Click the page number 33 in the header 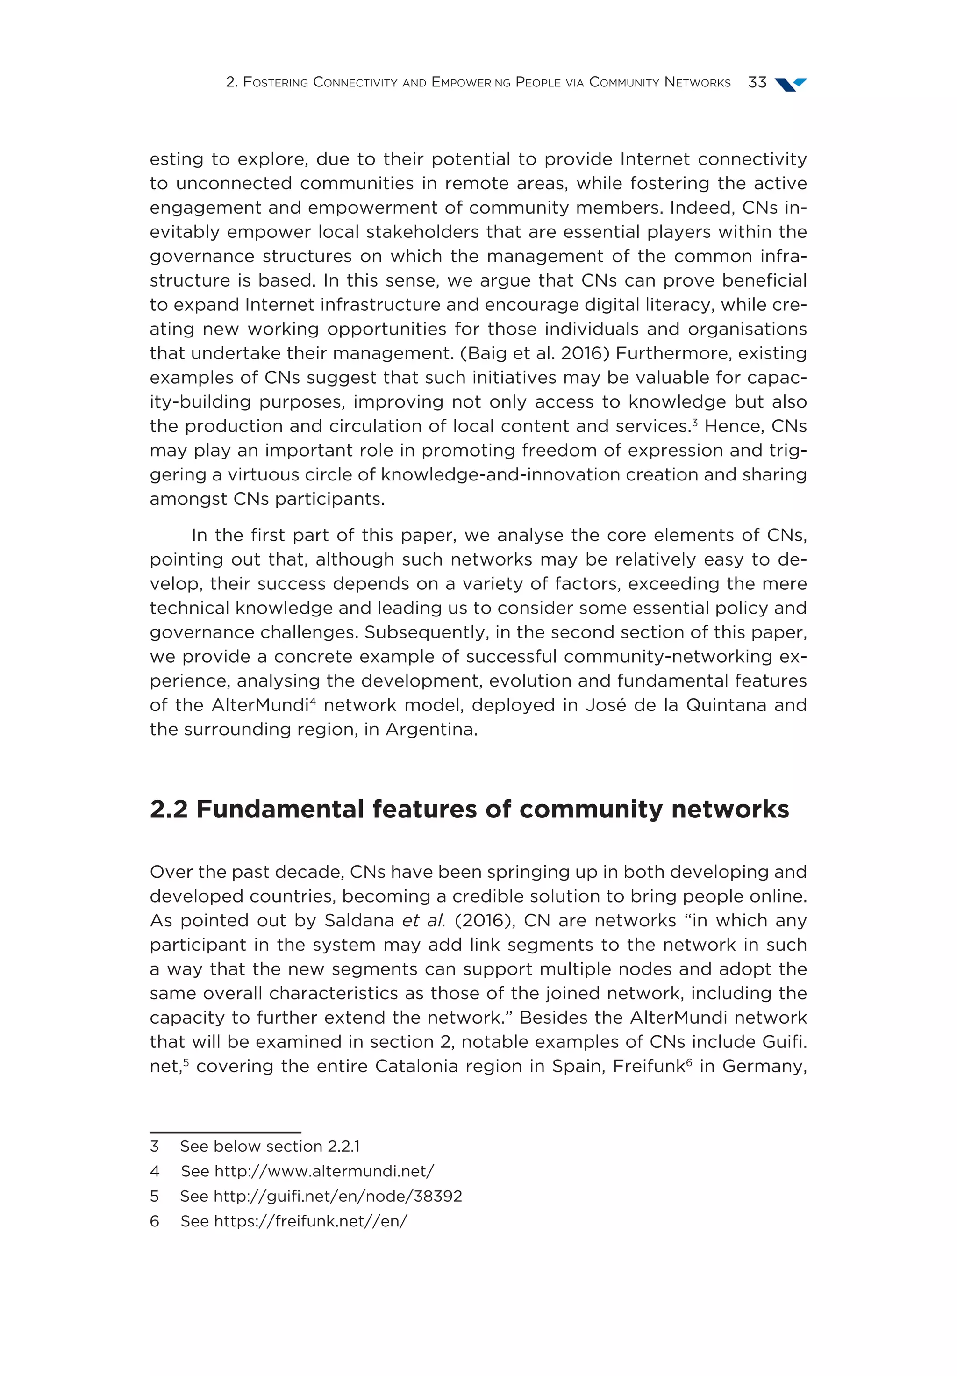tap(757, 82)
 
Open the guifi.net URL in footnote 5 tap(337, 1196)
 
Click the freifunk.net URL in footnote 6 tap(310, 1221)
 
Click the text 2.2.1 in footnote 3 tap(343, 1146)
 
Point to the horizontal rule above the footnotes tap(225, 1132)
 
